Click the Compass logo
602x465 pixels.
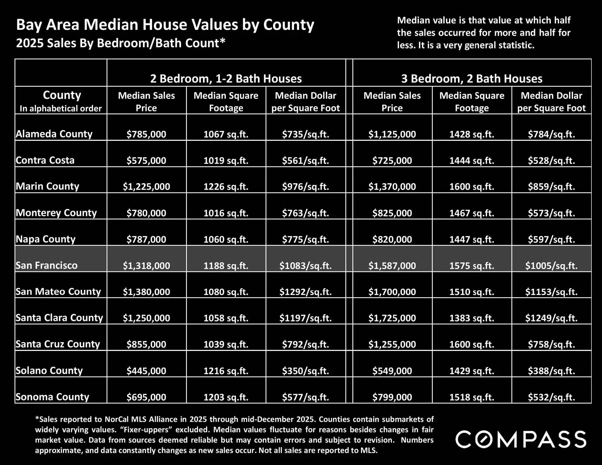[x=521, y=439]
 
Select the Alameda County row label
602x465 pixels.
[x=54, y=134]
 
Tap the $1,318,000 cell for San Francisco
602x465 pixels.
[x=146, y=265]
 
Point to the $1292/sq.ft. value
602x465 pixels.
[x=305, y=292]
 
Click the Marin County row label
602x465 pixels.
[x=48, y=186]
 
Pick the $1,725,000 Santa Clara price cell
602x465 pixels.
[x=392, y=318]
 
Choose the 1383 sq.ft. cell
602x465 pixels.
[x=472, y=318]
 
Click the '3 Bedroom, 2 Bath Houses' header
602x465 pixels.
[x=472, y=79]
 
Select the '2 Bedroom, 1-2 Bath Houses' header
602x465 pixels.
[x=226, y=79]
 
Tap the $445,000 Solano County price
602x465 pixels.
[x=146, y=371]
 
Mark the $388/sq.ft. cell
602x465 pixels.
[x=551, y=371]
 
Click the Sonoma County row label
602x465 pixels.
[x=53, y=397]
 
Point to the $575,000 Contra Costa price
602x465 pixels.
[x=146, y=160]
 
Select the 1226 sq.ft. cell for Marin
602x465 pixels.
[x=226, y=186]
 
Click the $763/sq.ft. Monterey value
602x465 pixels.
[x=305, y=213]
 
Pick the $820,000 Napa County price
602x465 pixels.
[x=392, y=239]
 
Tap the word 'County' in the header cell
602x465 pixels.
[x=62, y=95]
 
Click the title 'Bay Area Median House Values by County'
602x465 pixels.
[x=165, y=25]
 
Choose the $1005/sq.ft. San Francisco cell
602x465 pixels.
[x=551, y=265]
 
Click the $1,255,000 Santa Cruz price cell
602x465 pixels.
[x=392, y=344]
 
